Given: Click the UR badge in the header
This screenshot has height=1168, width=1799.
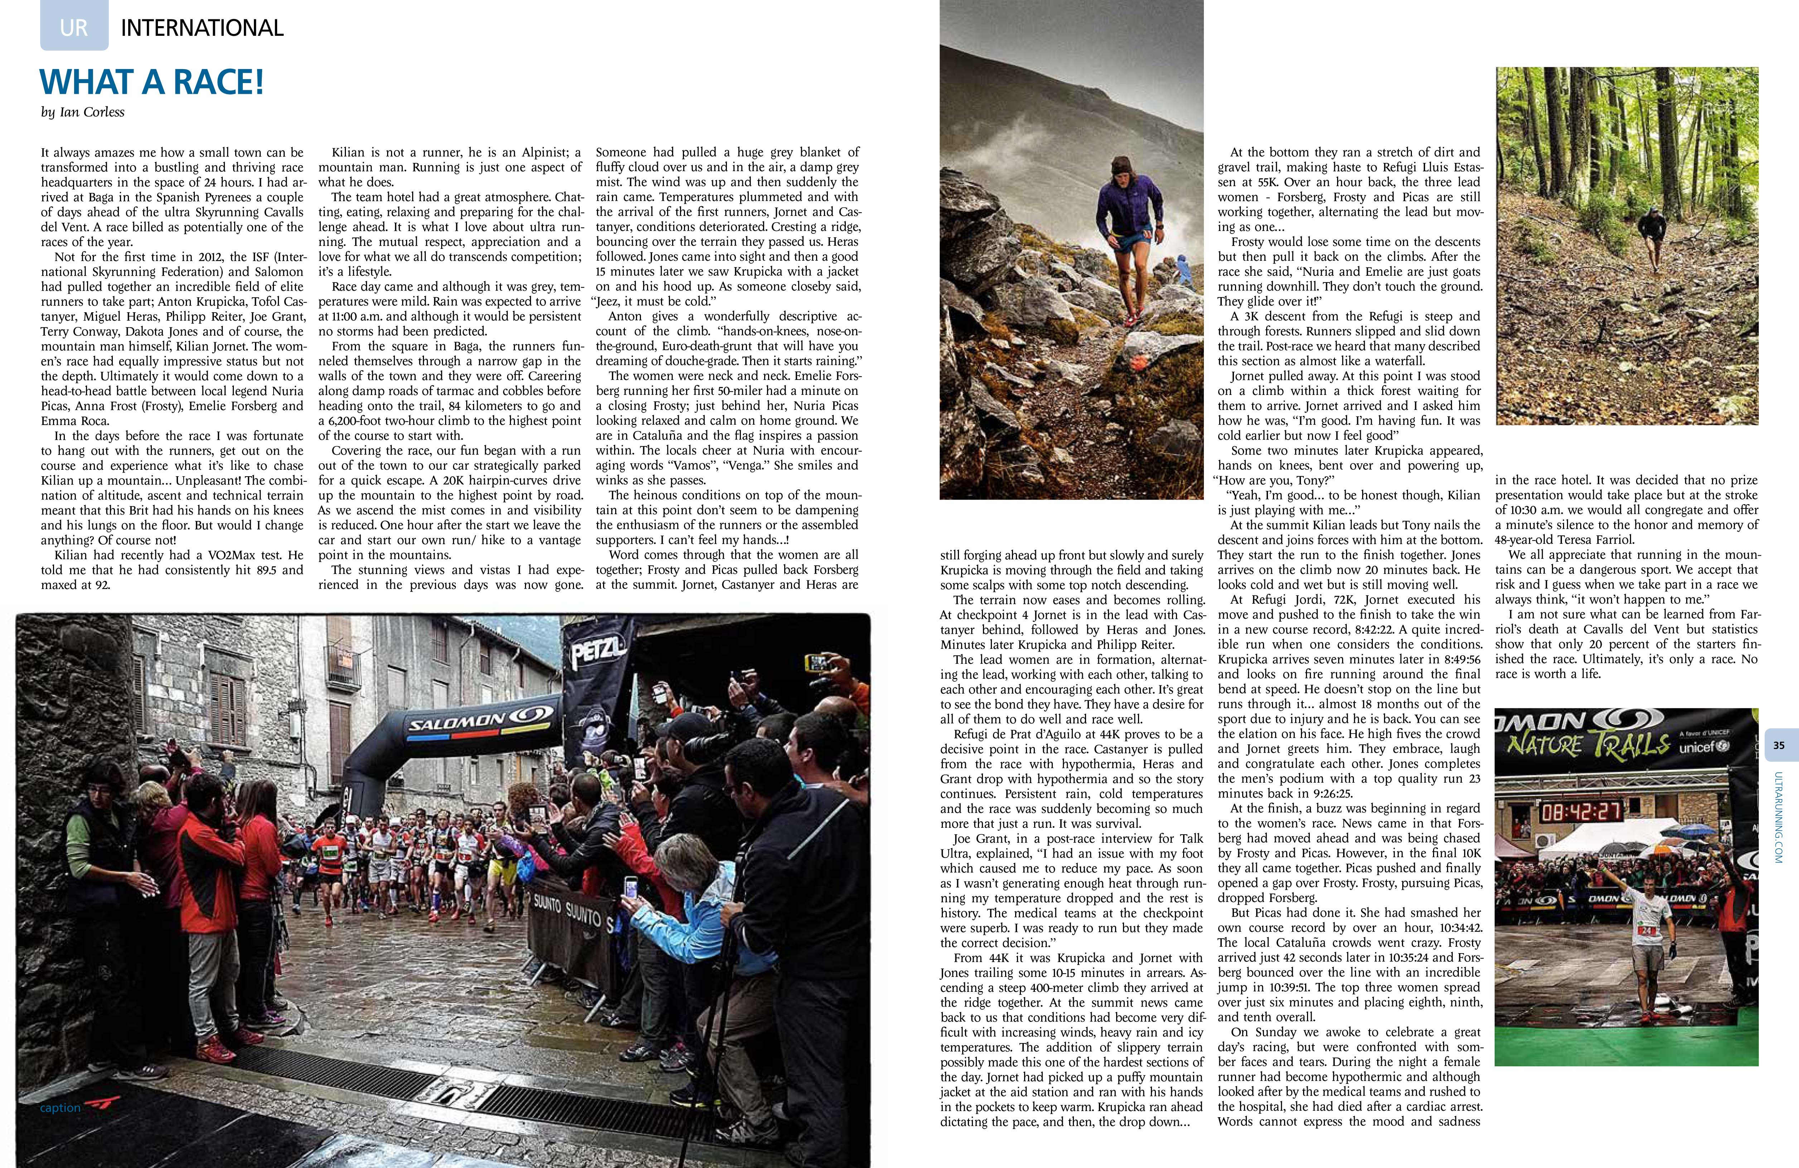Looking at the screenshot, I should (x=74, y=28).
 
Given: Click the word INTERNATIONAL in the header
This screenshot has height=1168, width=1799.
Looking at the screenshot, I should (x=202, y=28).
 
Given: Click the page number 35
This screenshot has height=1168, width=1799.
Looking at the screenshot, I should (x=1779, y=745).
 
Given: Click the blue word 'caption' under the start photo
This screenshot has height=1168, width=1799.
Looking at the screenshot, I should (x=61, y=1107).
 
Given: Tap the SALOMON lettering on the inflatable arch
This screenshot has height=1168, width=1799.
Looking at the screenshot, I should (x=457, y=724).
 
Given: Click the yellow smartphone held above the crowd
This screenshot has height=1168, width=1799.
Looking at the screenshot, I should (x=819, y=663).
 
